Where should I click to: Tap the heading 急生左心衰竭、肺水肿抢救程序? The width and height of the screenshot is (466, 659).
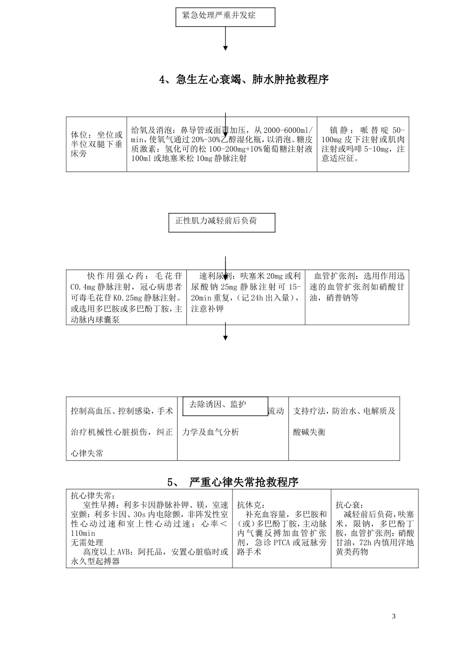pyautogui.click(x=252, y=79)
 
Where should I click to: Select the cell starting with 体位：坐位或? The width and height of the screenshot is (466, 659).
pyautogui.click(x=97, y=144)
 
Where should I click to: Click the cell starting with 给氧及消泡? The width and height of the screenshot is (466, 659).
pyautogui.click(x=222, y=144)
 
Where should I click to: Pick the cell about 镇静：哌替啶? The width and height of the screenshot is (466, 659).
pyautogui.click(x=362, y=144)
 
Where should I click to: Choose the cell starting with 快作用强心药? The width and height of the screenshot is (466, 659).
pyautogui.click(x=126, y=297)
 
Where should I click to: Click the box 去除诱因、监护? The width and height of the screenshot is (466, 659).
pyautogui.click(x=225, y=406)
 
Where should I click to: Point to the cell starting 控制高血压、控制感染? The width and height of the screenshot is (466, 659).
pyautogui.click(x=122, y=432)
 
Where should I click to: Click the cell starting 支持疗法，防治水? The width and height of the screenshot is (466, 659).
pyautogui.click(x=344, y=422)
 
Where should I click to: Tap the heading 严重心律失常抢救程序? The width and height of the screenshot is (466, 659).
pyautogui.click(x=243, y=482)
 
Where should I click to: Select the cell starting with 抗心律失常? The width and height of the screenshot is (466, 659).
pyautogui.click(x=149, y=529)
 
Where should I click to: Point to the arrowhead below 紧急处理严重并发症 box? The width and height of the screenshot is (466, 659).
pyautogui.click(x=225, y=48)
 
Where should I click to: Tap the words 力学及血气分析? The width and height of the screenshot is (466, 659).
pyautogui.click(x=210, y=432)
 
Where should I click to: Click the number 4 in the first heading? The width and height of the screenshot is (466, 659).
pyautogui.click(x=163, y=79)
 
